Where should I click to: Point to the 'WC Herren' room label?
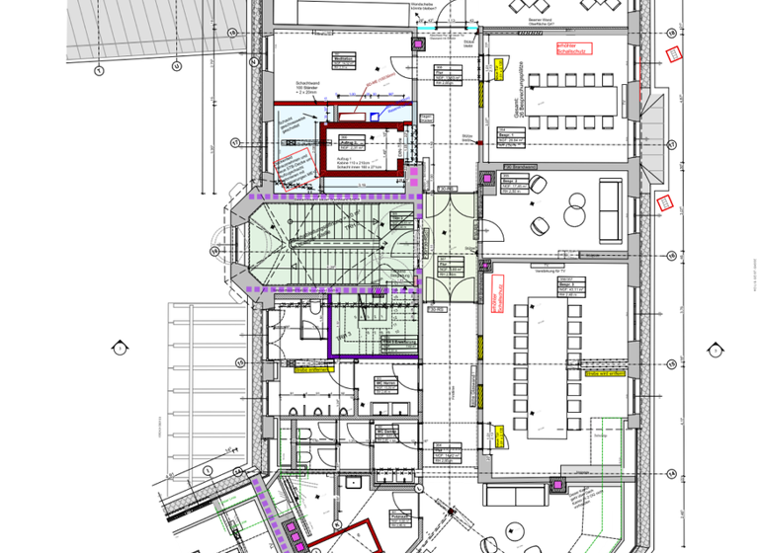point(384,382)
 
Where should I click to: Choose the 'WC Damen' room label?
point(384,432)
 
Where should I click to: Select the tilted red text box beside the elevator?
point(377,86)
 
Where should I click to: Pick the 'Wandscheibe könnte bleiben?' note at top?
point(424,10)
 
